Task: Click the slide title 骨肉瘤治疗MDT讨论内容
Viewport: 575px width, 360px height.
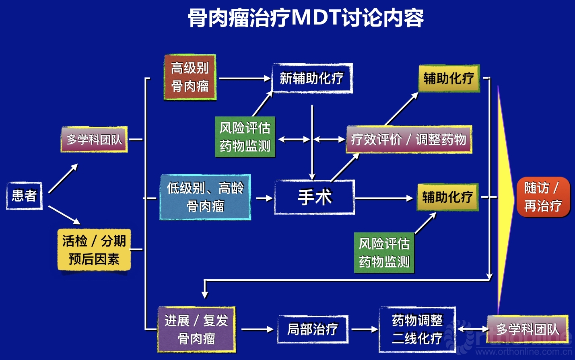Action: pos(306,18)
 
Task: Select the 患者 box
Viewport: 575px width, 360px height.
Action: pos(24,196)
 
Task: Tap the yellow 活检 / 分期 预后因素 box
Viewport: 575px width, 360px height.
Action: pos(94,250)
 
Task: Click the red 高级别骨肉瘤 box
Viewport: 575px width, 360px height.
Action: pos(190,77)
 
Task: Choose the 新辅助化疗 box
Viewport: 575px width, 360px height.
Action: pos(312,78)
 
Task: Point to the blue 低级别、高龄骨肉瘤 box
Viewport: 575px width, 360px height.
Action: pos(205,197)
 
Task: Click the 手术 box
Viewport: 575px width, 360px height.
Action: pos(314,197)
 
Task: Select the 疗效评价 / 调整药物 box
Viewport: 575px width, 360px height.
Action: pos(409,140)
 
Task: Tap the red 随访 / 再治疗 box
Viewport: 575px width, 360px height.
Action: pos(543,197)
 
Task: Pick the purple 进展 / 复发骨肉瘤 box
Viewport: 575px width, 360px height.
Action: pos(196,329)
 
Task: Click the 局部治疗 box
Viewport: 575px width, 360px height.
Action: pos(313,329)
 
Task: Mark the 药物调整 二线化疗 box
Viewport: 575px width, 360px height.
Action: pos(417,329)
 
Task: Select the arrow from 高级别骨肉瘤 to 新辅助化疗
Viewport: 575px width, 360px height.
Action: pos(245,78)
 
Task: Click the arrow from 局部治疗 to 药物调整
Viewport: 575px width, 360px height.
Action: pos(364,329)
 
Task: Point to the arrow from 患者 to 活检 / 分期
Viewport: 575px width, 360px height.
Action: pos(64,215)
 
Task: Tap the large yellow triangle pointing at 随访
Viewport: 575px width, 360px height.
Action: pos(505,199)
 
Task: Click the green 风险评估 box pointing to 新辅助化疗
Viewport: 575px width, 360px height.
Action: pos(245,137)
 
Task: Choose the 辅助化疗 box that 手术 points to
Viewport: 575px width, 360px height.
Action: pos(447,197)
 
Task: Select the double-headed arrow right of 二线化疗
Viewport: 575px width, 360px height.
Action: pos(472,329)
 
